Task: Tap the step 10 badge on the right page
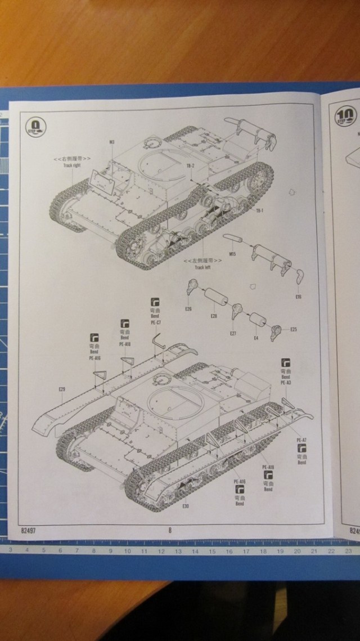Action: (344, 116)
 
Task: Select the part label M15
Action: (232, 255)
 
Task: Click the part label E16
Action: (298, 296)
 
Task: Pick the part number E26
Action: (188, 308)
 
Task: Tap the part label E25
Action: (294, 329)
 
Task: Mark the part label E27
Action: (233, 334)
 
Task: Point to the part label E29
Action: (61, 389)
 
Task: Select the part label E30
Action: (186, 505)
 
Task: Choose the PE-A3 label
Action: (286, 382)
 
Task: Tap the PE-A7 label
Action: (301, 439)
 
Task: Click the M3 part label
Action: (111, 141)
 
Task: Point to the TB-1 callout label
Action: (260, 210)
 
